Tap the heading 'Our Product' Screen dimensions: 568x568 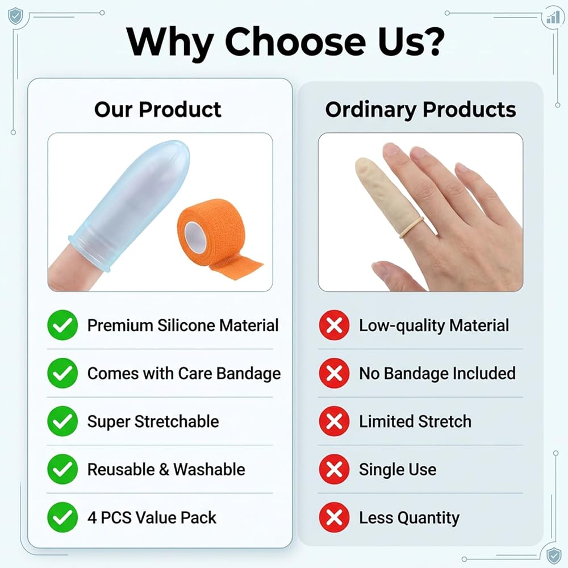157,110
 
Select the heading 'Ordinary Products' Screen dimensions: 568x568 420,110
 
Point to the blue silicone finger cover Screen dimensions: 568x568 131,203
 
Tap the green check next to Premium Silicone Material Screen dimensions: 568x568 62,325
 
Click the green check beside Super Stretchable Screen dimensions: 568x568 62,421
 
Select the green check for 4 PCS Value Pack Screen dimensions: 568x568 62,517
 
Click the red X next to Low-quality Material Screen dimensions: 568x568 334,325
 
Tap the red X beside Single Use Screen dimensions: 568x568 334,469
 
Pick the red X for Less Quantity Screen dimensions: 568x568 334,517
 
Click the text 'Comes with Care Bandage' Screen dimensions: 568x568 184,374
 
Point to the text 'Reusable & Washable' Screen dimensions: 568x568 166,470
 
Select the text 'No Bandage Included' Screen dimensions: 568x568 437,374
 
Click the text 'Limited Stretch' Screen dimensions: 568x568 415,421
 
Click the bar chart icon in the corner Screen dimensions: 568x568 553,17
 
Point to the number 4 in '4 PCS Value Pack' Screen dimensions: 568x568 92,517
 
